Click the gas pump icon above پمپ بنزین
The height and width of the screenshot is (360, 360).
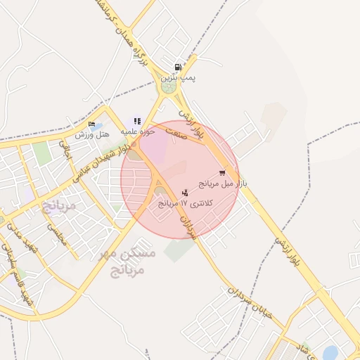(176, 68)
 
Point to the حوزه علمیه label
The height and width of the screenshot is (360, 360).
(135, 131)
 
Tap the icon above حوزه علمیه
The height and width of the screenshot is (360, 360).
(137, 121)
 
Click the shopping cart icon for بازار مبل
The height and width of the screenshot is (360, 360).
(222, 172)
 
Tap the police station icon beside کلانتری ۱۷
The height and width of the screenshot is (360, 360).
(185, 193)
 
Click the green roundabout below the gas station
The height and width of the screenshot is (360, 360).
(169, 88)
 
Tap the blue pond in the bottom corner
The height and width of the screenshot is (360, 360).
(331, 352)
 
